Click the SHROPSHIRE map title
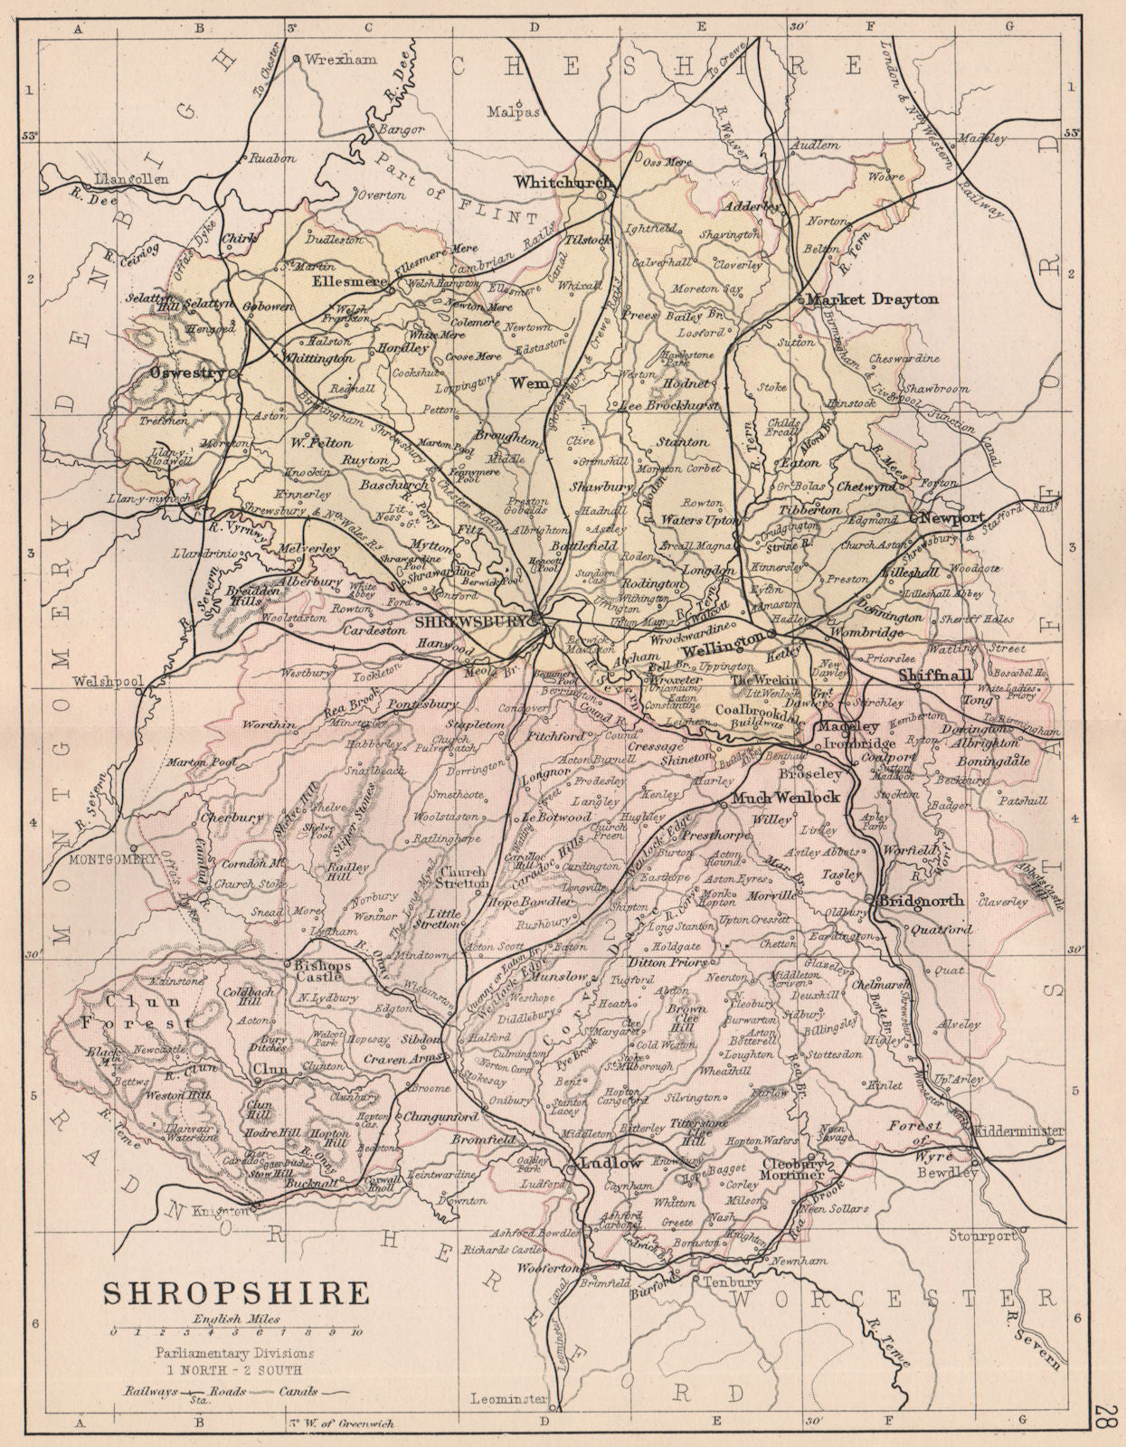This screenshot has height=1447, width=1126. click(236, 1291)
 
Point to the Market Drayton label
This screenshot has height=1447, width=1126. click(873, 299)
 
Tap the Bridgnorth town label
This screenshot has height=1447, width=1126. click(915, 902)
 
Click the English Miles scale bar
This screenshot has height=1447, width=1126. click(235, 1332)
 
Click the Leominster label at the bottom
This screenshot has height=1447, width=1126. click(510, 1399)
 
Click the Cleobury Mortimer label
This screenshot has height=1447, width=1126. click(794, 1170)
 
